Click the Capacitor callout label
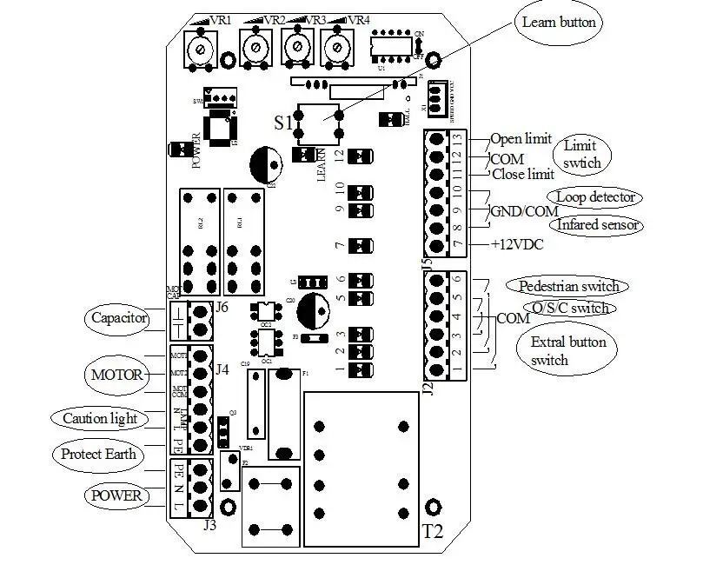118,318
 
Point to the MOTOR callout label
111,376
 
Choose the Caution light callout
100,418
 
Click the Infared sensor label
598,225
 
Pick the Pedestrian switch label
568,285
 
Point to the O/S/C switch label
569,308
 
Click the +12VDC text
516,245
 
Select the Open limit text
521,139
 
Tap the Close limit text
522,174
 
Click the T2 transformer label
433,531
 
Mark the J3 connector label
209,525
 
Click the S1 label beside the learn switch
283,122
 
